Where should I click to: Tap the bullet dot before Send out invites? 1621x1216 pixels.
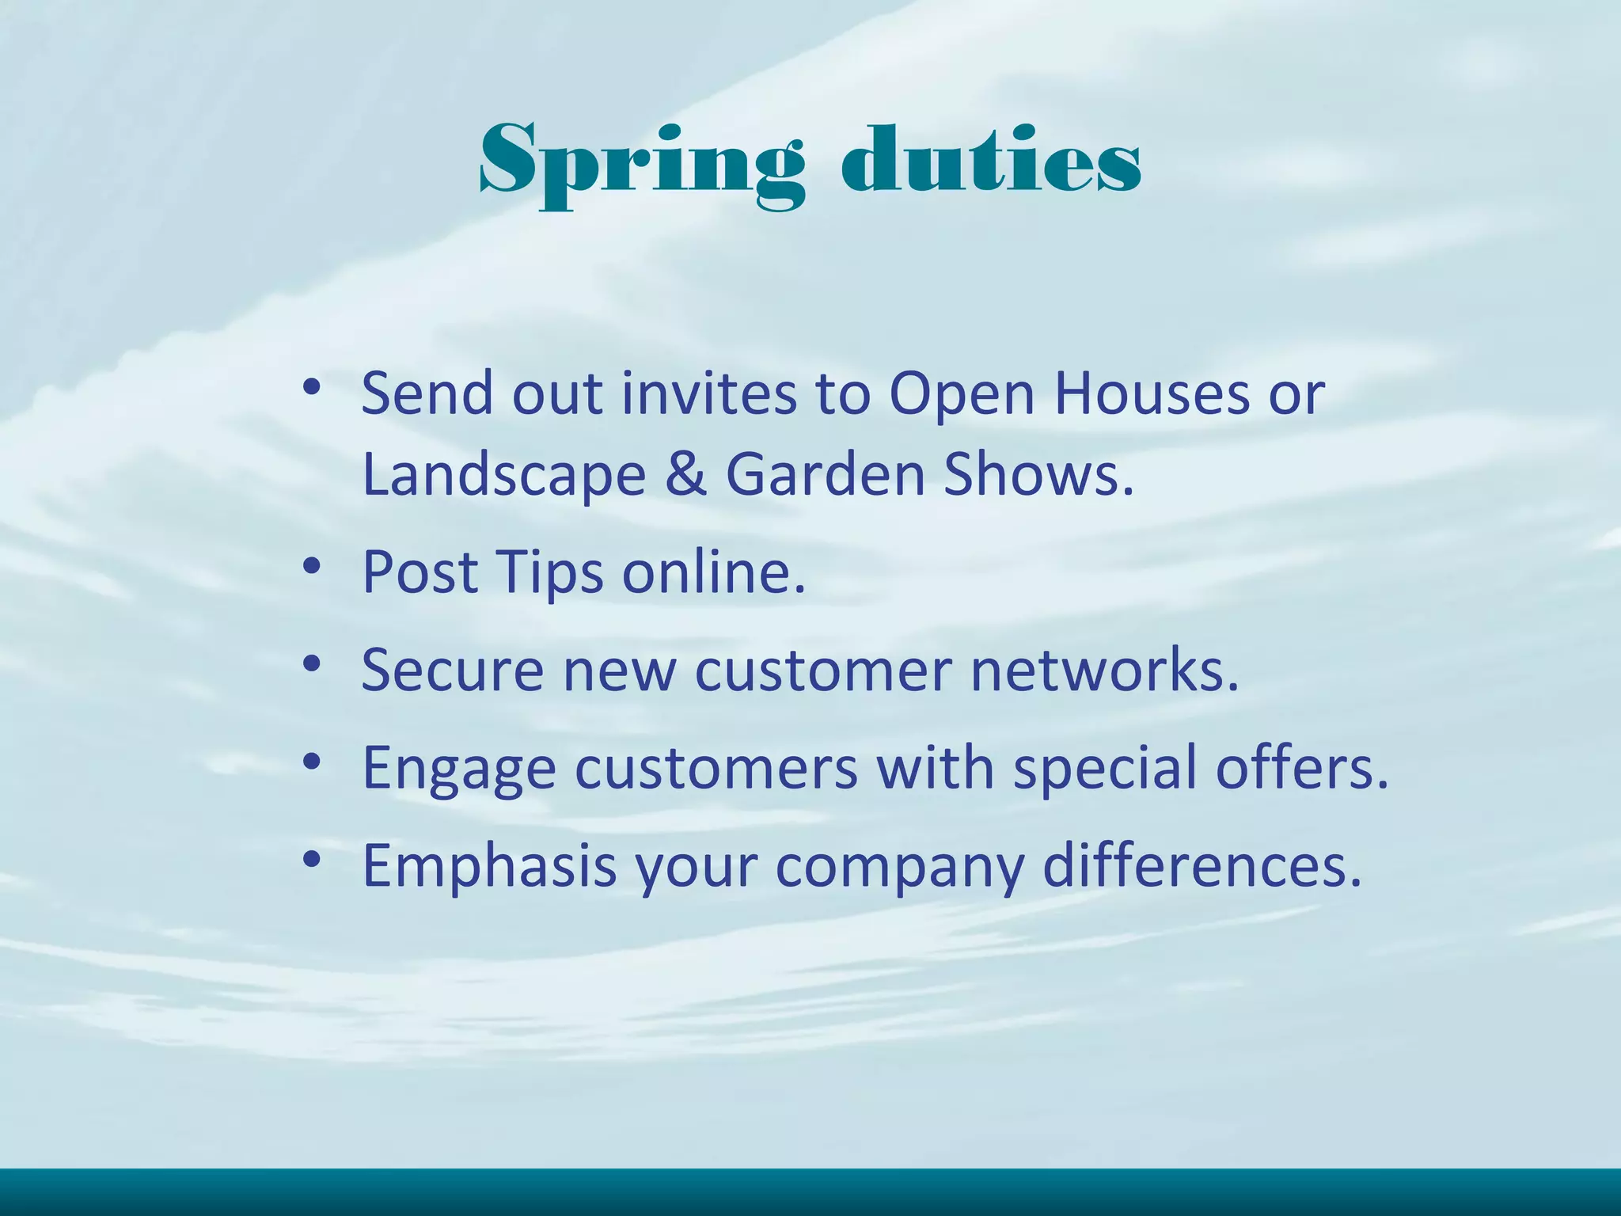click(x=312, y=387)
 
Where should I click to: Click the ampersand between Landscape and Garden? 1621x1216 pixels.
click(x=685, y=474)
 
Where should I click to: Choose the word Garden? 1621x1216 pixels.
click(x=826, y=474)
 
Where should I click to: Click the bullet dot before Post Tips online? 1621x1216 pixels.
click(x=312, y=564)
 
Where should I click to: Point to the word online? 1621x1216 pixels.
click(x=713, y=572)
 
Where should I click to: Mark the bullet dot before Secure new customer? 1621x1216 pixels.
click(x=312, y=663)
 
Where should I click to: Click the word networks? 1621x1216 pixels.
click(x=1104, y=670)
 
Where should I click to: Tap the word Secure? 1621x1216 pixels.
click(x=452, y=670)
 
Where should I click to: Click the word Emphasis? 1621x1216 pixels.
click(x=489, y=866)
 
